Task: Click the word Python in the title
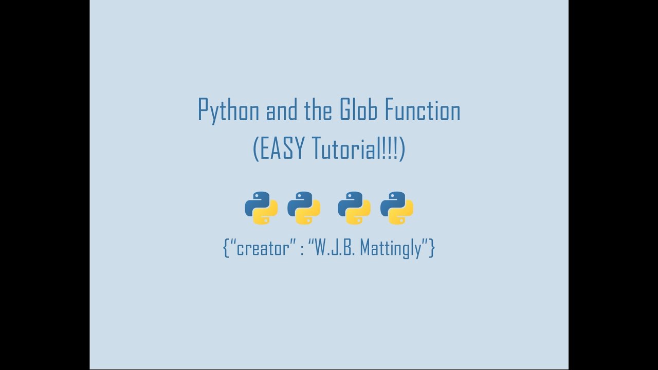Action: [x=228, y=110]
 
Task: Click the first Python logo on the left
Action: [x=261, y=208]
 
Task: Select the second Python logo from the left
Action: [x=304, y=208]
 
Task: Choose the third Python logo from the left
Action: [x=354, y=208]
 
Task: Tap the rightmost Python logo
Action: [x=397, y=208]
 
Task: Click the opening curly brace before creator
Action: [x=226, y=249]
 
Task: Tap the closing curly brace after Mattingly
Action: [x=432, y=249]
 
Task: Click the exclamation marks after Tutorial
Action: [x=391, y=149]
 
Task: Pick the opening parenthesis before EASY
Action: [x=256, y=149]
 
